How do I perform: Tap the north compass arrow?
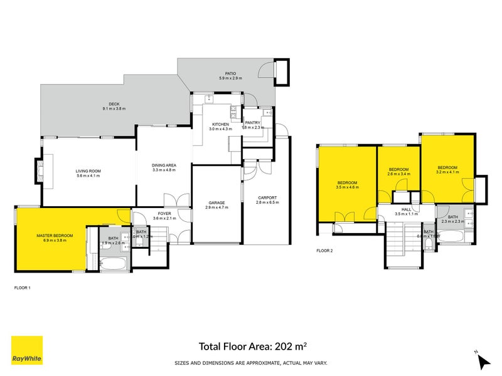tap(483, 360)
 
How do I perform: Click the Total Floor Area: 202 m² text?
tap(253, 345)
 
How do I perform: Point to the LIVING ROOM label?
tap(88, 171)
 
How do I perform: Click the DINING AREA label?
tap(164, 165)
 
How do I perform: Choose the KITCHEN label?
tap(220, 125)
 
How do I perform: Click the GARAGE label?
tap(216, 202)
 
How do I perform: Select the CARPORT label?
tap(267, 198)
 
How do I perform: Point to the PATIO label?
tap(226, 73)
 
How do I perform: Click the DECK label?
tap(114, 104)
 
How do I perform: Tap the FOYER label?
tap(164, 214)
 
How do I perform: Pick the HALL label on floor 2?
tap(406, 210)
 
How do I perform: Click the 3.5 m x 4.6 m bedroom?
tap(346, 184)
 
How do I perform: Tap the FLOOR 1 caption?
tap(22, 288)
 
